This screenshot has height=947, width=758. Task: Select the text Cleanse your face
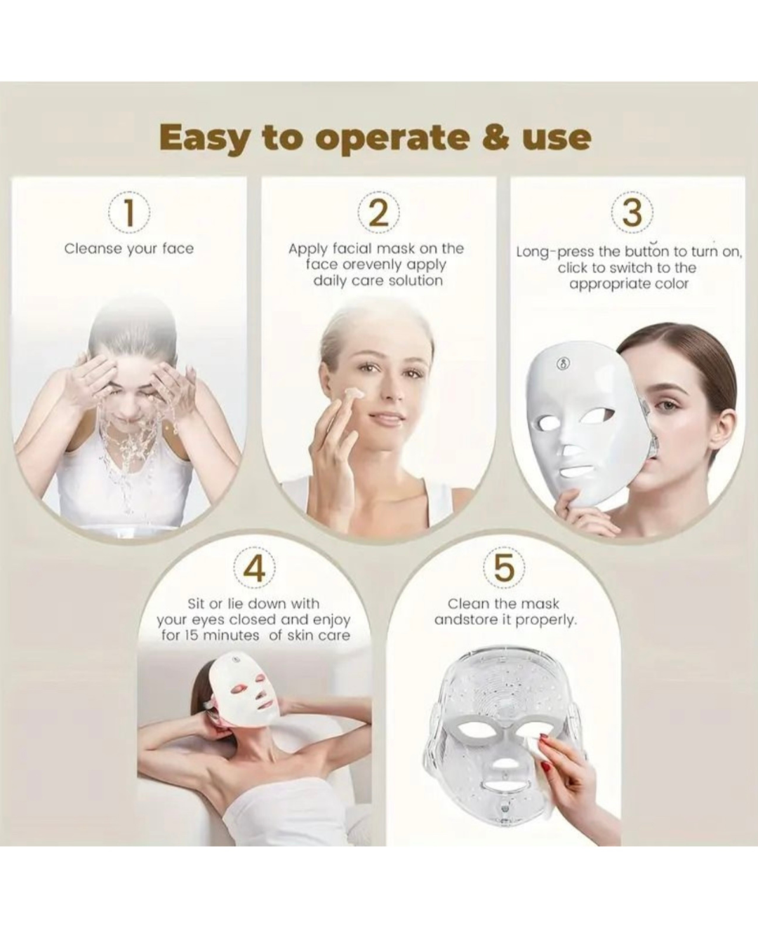[129, 250]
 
